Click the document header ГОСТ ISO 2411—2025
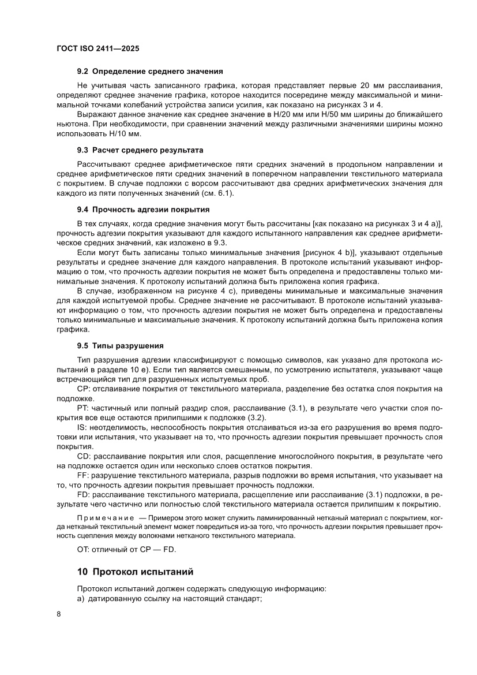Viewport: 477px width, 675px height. coord(97,49)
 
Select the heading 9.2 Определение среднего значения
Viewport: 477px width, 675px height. coord(150,72)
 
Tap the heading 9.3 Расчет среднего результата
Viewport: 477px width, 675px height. coord(140,150)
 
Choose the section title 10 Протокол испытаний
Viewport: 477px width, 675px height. coord(135,572)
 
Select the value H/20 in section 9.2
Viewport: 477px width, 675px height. coord(280,115)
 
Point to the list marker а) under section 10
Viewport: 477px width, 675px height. coord(81,599)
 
